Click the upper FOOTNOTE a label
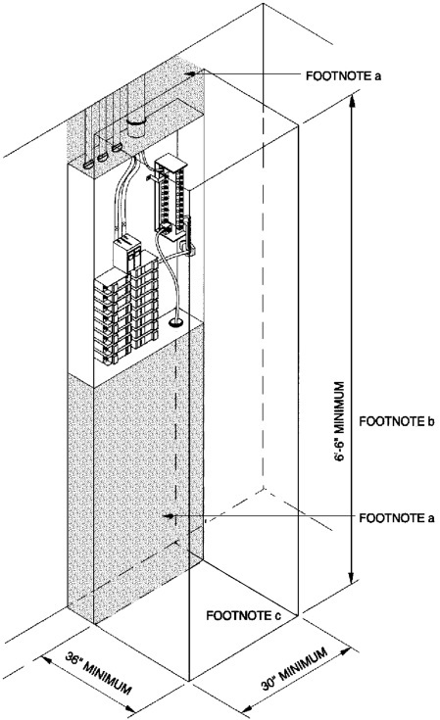coord(343,75)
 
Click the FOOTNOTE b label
coord(396,421)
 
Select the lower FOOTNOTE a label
coord(396,518)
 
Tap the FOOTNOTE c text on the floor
coord(243,615)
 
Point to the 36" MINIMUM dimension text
coord(98,672)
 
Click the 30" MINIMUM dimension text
coord(294,668)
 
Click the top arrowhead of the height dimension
coord(352,100)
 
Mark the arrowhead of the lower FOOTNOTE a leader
coord(169,516)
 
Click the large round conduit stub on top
coord(136,126)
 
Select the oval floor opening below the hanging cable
coord(175,323)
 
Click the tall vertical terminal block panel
coord(171,200)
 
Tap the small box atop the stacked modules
coord(126,252)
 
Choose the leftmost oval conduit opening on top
coord(88,163)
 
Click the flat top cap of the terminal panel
coord(171,162)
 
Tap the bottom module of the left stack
coord(107,355)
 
